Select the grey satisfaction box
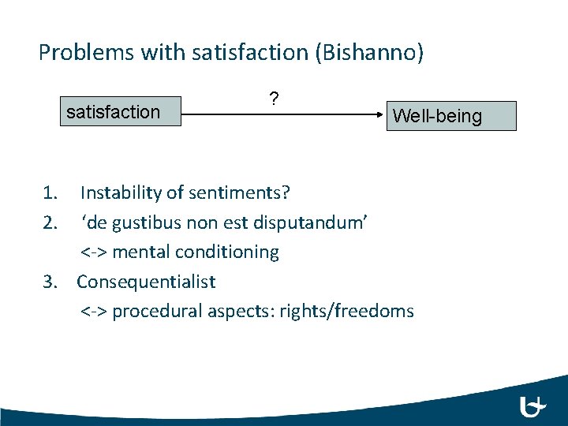click(119, 111)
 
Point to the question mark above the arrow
click(273, 99)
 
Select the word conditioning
click(234, 252)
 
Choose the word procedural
click(157, 312)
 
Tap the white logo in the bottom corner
click(533, 407)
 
